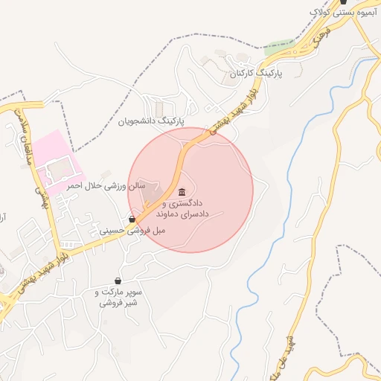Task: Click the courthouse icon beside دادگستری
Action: pos(182,192)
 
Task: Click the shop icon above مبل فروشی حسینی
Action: pos(132,220)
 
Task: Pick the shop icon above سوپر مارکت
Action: pos(118,281)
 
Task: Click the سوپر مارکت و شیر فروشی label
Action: pos(118,298)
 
